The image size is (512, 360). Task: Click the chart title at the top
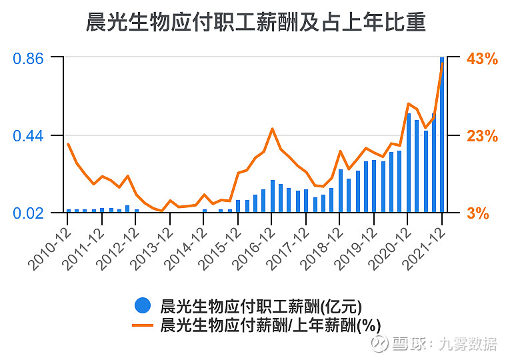tap(256, 23)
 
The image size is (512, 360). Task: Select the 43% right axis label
tap(482, 59)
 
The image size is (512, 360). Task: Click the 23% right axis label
tap(482, 136)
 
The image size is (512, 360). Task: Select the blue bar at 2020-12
tap(409, 163)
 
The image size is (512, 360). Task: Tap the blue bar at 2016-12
tap(273, 197)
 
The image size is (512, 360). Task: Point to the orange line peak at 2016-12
tap(272, 129)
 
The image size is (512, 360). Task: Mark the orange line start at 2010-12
tap(68, 144)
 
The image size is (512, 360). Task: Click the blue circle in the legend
tap(142, 306)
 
